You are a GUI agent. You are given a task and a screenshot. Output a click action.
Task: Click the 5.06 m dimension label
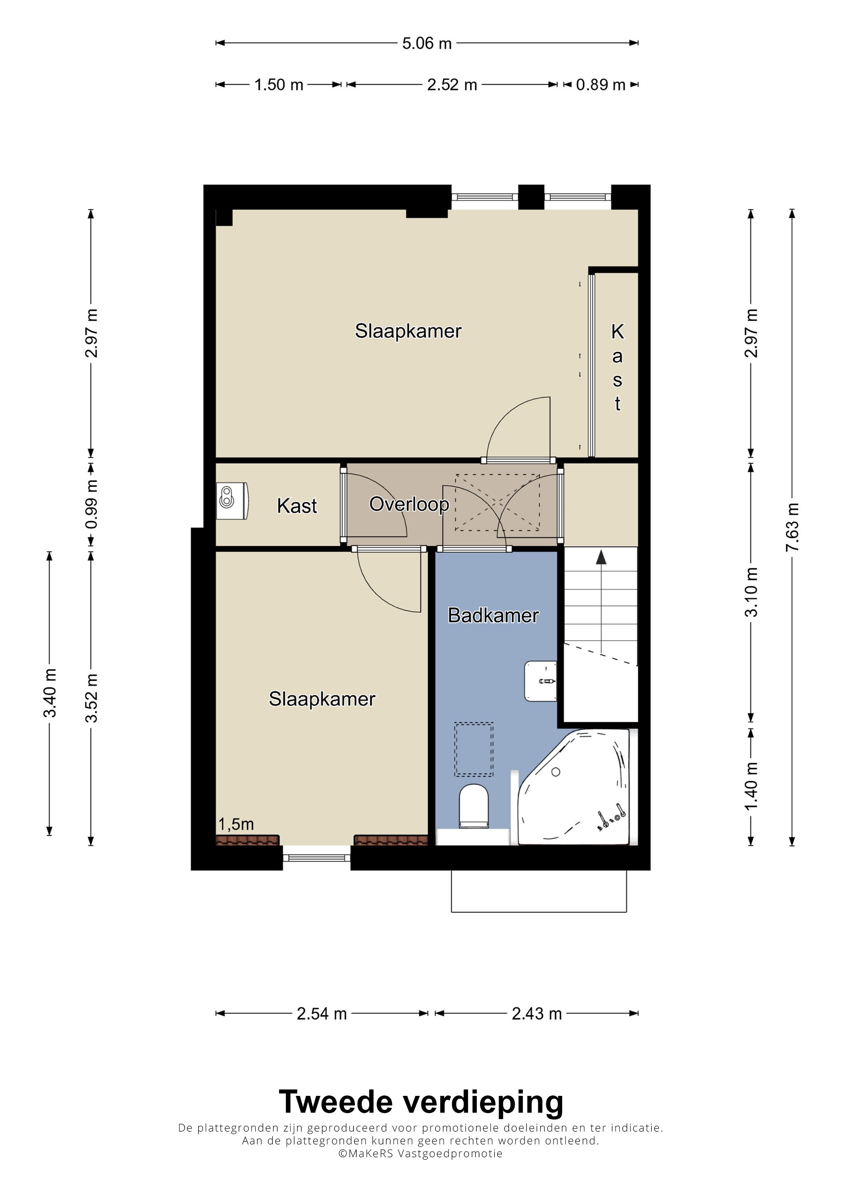pyautogui.click(x=427, y=43)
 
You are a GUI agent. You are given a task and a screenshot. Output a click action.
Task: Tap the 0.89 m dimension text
pyautogui.click(x=601, y=85)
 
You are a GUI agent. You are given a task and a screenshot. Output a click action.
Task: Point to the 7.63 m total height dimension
pyautogui.click(x=792, y=528)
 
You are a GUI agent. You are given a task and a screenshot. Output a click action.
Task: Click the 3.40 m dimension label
pyautogui.click(x=50, y=693)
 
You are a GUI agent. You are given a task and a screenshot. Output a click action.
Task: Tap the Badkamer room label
pyautogui.click(x=493, y=615)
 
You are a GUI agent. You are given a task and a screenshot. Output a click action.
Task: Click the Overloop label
pyautogui.click(x=409, y=504)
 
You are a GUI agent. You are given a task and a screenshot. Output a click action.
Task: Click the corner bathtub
pyautogui.click(x=575, y=786)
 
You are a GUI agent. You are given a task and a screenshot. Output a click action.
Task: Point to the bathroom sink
pyautogui.click(x=541, y=681)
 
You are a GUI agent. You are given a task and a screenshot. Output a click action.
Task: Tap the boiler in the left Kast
pyautogui.click(x=233, y=501)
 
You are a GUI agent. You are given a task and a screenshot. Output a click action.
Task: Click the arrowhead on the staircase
pyautogui.click(x=601, y=557)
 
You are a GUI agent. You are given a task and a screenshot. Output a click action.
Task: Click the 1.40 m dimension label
pyautogui.click(x=751, y=786)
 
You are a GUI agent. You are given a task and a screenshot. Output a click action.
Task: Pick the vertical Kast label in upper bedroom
pyautogui.click(x=617, y=367)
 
